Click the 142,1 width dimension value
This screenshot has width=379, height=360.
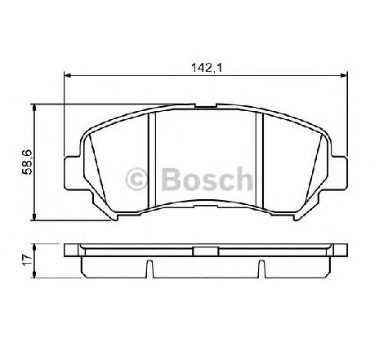[x=207, y=68]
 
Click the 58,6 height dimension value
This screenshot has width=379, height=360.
[x=28, y=162]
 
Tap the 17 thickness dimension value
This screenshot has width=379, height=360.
[x=27, y=260]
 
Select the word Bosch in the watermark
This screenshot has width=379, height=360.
[x=207, y=179]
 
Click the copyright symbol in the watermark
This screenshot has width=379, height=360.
[x=136, y=179]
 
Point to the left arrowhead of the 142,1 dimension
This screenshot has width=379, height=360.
[x=67, y=75]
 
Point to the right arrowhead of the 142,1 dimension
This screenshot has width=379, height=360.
[x=344, y=75]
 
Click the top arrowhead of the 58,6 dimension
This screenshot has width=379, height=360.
[x=34, y=108]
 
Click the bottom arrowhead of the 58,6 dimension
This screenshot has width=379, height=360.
[x=34, y=217]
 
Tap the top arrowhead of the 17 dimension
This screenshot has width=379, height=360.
[x=34, y=247]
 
